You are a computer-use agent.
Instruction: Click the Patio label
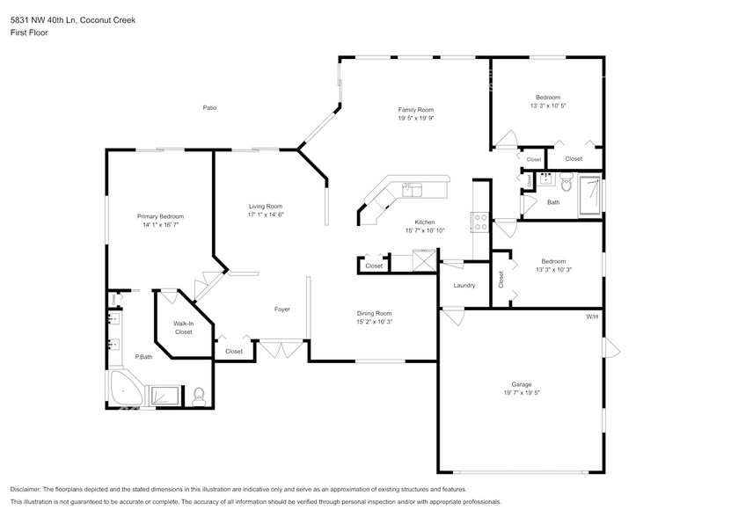(209, 108)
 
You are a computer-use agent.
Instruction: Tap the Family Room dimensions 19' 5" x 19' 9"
(416, 118)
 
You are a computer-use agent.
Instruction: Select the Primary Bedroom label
(160, 215)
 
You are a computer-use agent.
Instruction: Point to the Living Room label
(265, 206)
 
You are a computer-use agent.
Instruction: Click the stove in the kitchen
(481, 222)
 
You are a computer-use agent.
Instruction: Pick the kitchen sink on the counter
(412, 187)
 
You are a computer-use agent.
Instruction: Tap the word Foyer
(282, 309)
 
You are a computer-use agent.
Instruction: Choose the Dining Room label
(374, 313)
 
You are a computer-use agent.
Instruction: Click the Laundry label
(464, 285)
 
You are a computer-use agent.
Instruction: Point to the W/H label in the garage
(592, 317)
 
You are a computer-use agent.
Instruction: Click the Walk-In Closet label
(183, 328)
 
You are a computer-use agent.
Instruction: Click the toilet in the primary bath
(200, 395)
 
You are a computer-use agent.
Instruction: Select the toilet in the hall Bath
(566, 186)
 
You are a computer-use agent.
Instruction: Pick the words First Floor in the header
(29, 33)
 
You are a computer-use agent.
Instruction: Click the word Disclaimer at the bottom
(30, 489)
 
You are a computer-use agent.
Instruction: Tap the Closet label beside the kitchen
(374, 266)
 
